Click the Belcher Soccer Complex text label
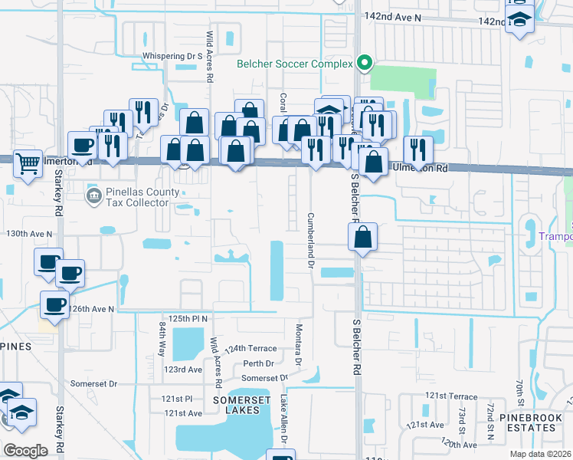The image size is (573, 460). click(294, 64)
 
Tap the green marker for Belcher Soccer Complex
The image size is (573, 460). click(365, 64)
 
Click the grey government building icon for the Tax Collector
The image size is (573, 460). click(93, 195)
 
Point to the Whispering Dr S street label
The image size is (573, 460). click(172, 56)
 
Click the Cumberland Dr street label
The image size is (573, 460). click(311, 240)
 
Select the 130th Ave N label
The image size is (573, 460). click(29, 233)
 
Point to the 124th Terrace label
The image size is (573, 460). click(250, 348)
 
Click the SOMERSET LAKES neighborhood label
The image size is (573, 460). click(226, 405)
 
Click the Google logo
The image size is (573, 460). click(25, 450)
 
